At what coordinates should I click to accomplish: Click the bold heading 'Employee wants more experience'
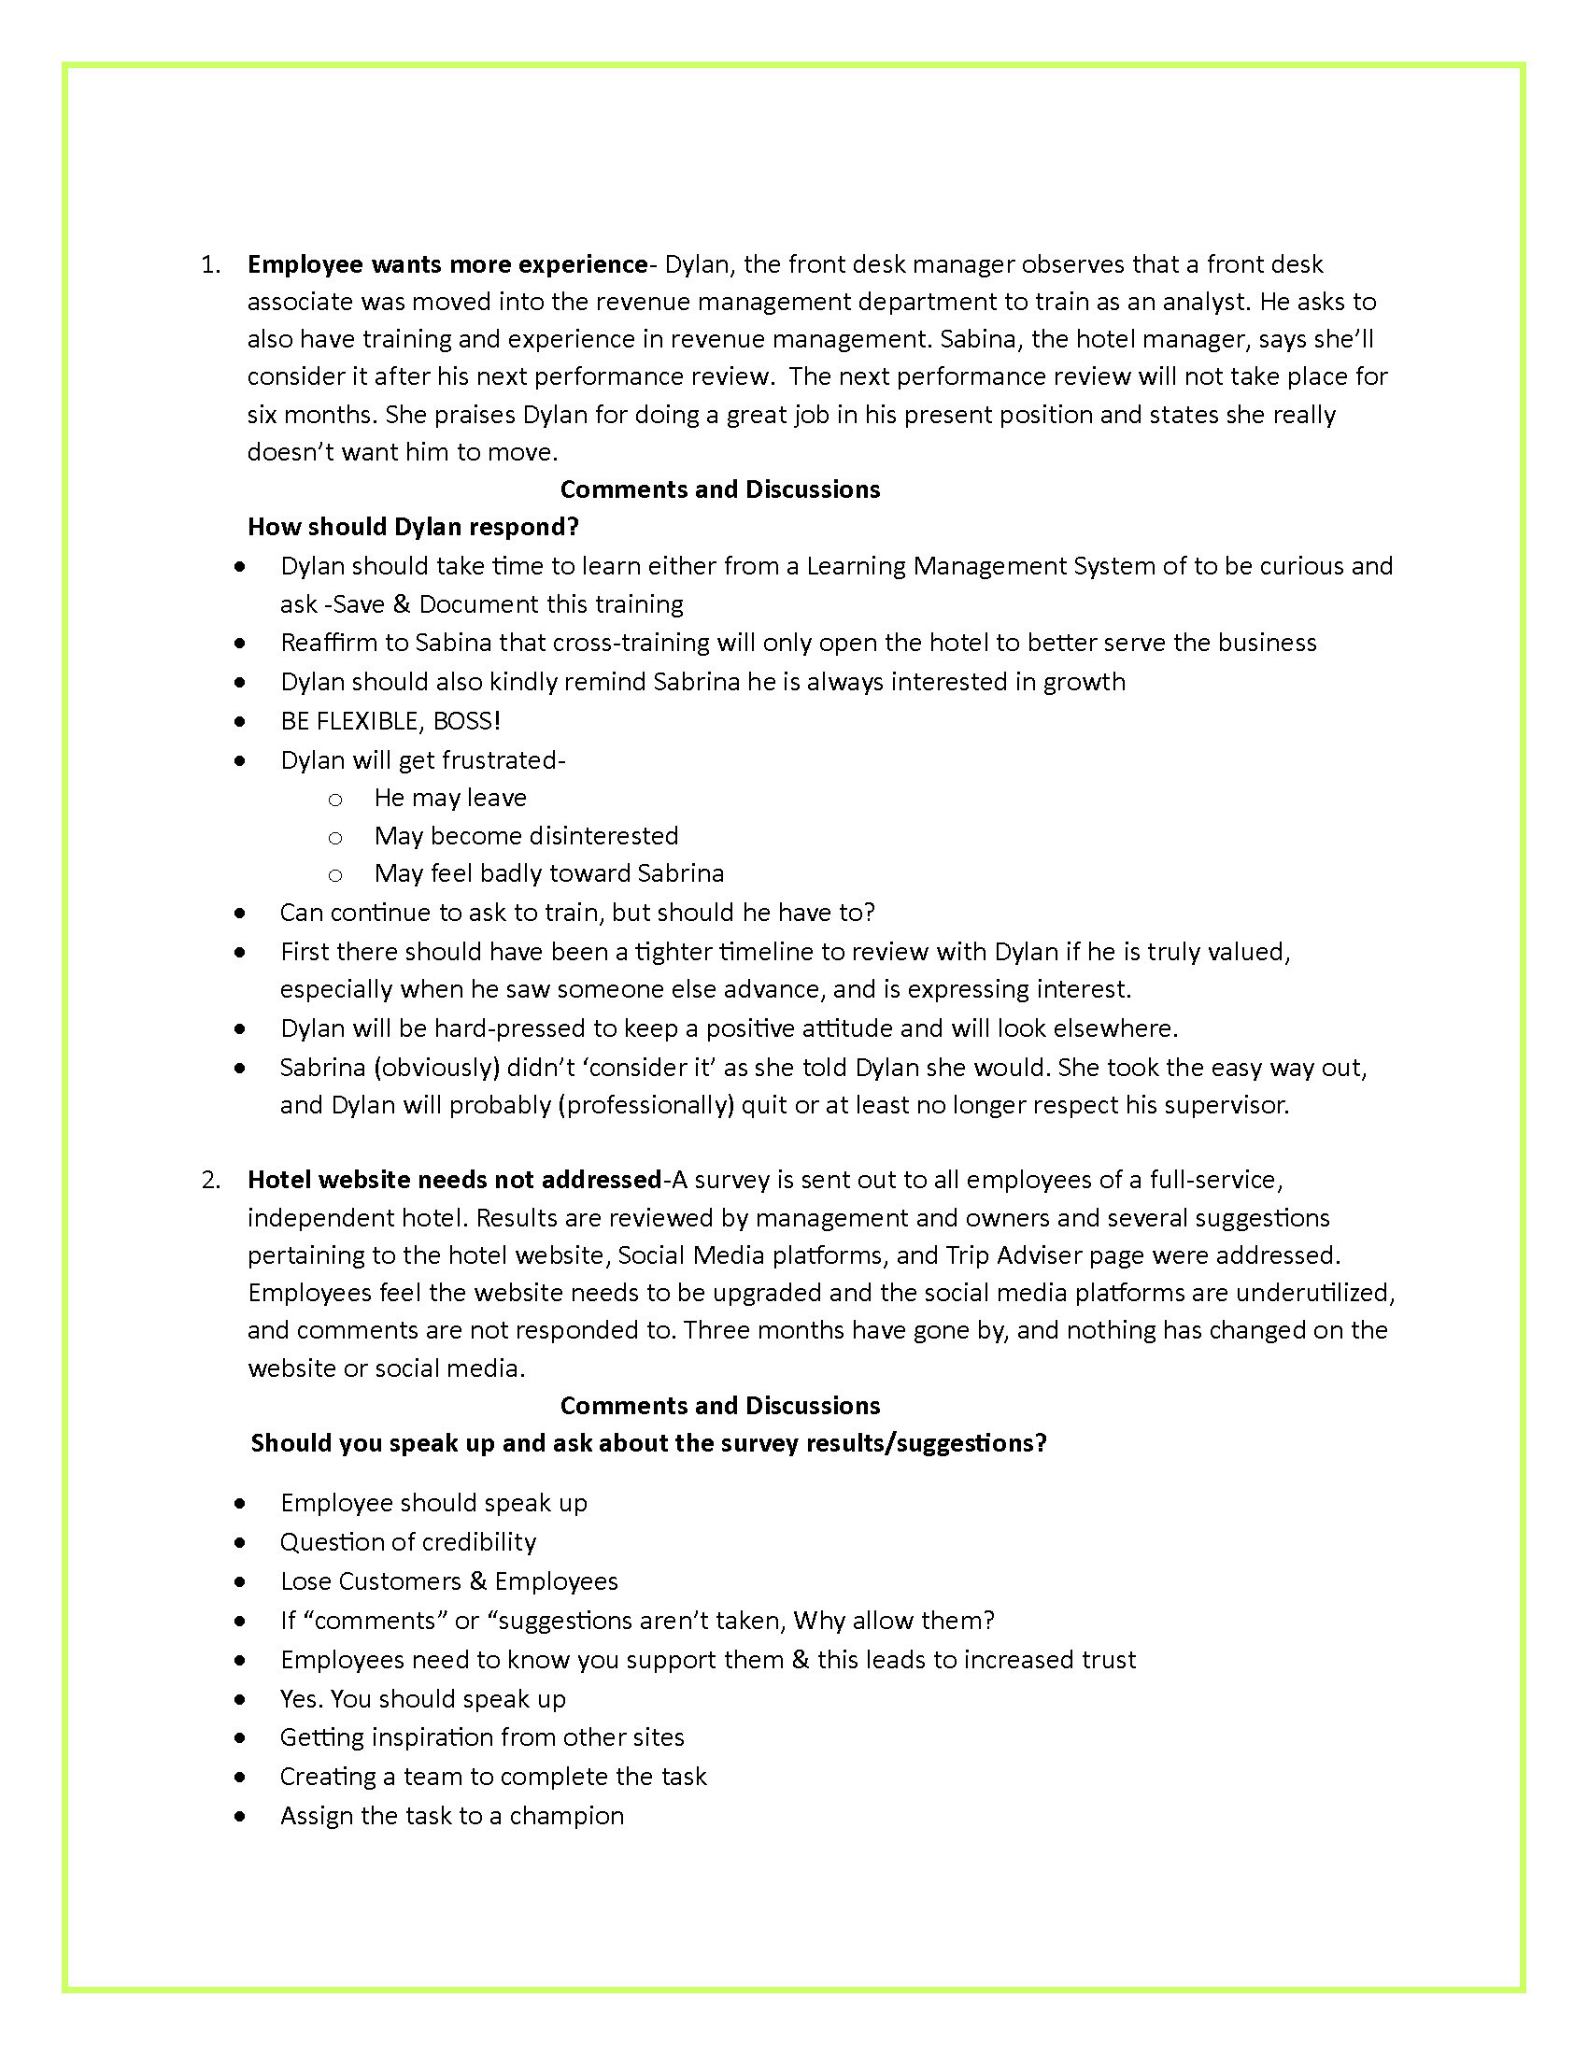point(447,264)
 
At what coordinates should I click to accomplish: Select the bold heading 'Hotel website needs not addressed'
point(454,1180)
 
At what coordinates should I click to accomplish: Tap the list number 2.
point(210,1180)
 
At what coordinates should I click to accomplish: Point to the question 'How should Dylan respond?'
point(413,527)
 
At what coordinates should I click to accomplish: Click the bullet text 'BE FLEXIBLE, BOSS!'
point(390,721)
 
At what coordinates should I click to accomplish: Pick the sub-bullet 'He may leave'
point(449,798)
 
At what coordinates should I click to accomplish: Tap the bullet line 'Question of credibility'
point(408,1542)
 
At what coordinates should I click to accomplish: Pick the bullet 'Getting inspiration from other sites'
point(482,1737)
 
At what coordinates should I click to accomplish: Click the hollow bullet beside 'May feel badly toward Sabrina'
point(335,874)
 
